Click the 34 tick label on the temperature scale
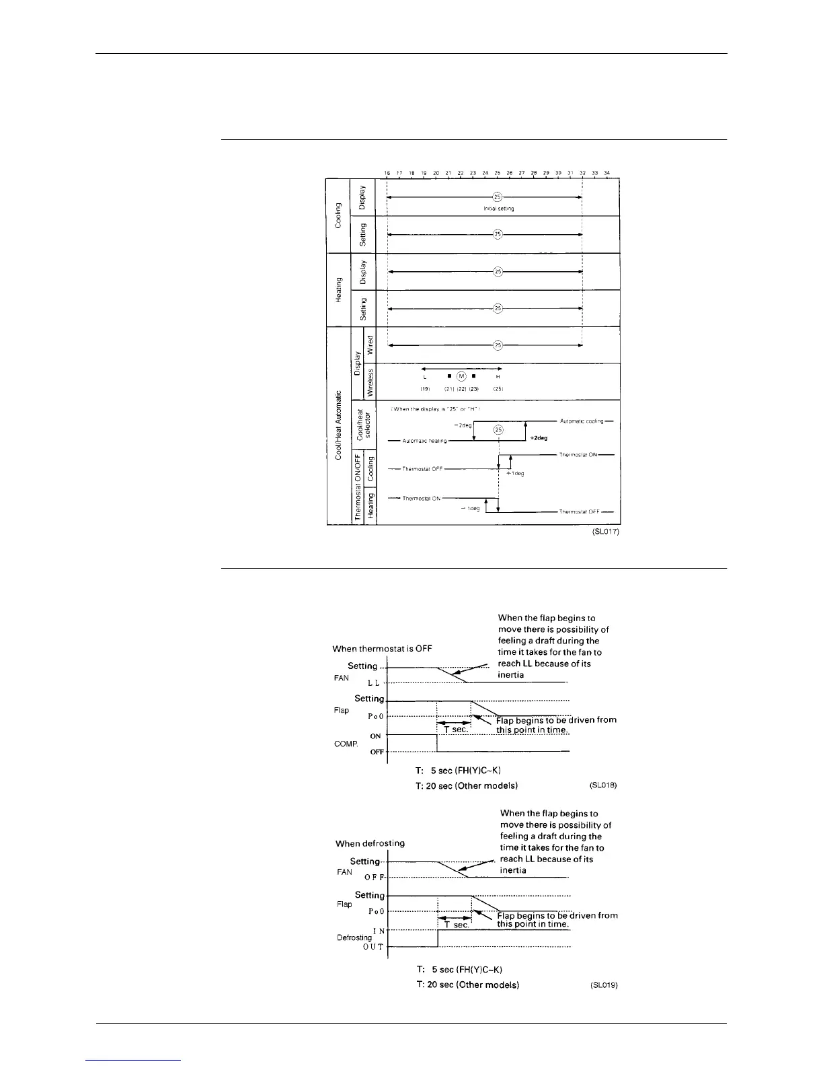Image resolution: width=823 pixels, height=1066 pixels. (606, 173)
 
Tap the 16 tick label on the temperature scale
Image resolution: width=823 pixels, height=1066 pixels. (387, 173)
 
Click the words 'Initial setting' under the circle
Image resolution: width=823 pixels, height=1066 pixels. (498, 209)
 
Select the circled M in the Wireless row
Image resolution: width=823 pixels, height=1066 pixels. (461, 377)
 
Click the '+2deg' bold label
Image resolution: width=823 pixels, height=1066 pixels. (539, 437)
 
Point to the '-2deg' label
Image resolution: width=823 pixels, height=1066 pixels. (463, 425)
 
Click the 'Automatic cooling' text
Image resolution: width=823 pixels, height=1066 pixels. (582, 421)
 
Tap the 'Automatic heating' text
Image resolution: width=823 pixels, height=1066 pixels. (424, 441)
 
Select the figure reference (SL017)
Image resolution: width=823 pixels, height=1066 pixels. (601, 532)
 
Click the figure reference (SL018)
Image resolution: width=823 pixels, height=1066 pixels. (603, 785)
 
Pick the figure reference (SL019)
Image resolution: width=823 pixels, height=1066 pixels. (603, 985)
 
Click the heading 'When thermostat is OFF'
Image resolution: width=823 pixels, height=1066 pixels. (382, 649)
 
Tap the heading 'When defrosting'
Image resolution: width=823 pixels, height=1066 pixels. (370, 843)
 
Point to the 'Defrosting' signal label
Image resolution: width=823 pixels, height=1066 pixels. (354, 937)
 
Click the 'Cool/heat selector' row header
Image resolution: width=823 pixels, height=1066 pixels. (364, 425)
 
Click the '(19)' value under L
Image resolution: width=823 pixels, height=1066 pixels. (425, 389)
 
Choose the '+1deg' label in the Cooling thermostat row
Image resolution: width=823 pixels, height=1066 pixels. (515, 473)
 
